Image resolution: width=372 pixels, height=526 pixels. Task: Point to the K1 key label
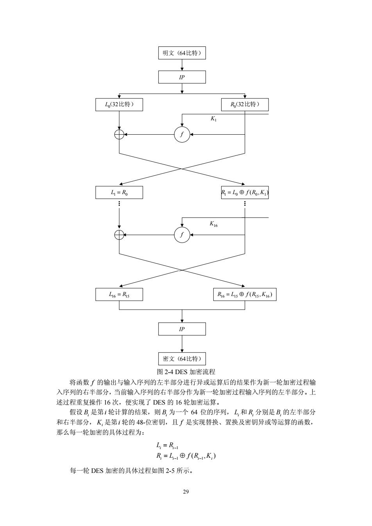point(213,119)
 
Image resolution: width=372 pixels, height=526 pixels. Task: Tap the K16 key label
point(214,224)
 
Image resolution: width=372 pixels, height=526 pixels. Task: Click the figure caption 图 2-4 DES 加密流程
point(186,372)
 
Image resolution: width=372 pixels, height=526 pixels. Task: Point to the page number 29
point(186,492)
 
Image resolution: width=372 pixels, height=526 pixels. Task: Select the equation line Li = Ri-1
point(167,445)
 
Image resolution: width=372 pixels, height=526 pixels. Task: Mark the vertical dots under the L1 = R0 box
point(119,203)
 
